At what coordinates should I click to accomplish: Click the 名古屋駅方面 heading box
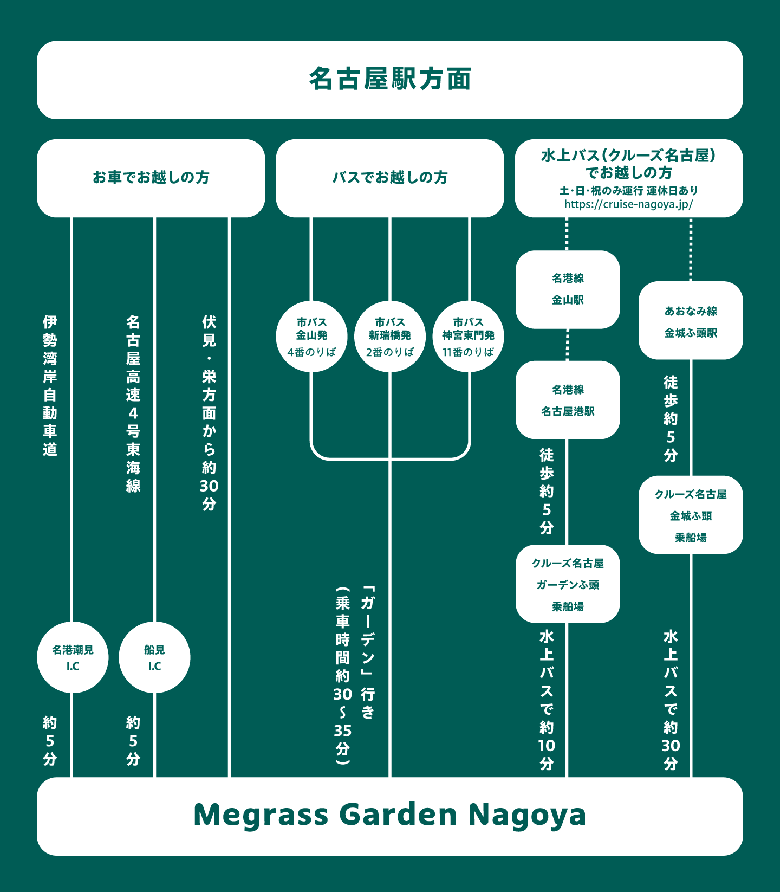389,80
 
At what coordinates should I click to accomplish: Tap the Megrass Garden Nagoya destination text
389,815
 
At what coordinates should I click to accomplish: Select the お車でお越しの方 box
151,178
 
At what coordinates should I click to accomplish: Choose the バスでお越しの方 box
389,178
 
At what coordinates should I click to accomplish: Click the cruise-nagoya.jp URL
628,204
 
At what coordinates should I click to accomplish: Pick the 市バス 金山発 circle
311,337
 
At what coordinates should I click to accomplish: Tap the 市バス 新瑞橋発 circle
389,337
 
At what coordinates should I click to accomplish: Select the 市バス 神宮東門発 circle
468,337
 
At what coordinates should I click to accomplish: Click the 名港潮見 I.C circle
73,657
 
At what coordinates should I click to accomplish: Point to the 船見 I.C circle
154,657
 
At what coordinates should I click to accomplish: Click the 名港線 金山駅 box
568,289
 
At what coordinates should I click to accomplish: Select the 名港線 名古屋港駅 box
568,400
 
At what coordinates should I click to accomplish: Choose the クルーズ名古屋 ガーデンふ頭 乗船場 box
568,584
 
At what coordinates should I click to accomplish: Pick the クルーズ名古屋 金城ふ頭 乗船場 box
691,515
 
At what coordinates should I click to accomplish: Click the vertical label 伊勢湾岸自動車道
50,386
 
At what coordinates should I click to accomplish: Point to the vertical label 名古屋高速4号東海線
133,404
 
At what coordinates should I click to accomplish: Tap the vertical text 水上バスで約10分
547,700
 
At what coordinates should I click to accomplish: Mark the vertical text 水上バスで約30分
671,700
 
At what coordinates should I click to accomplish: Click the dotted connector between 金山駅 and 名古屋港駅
567,345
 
